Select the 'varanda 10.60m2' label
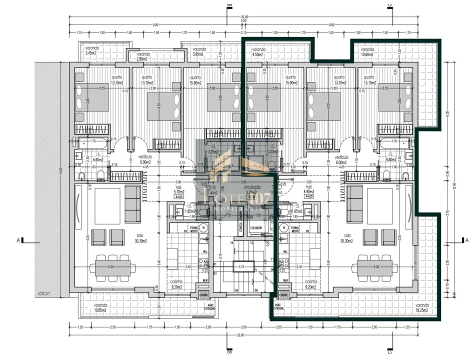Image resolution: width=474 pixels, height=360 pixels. [367, 52]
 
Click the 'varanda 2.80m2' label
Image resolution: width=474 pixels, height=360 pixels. [143, 56]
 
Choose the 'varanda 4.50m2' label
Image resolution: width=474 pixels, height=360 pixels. [258, 52]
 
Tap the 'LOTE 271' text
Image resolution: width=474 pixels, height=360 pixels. [45, 293]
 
